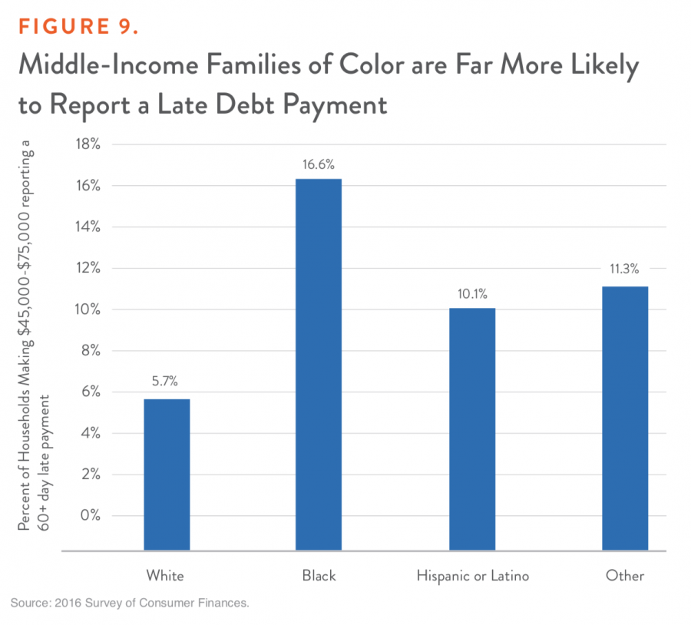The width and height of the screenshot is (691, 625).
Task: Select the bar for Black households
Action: [x=319, y=365]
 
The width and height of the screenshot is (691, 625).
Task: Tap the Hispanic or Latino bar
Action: [x=472, y=429]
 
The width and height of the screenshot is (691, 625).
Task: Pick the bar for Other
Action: [x=625, y=418]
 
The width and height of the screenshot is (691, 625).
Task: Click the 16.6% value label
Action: [x=319, y=164]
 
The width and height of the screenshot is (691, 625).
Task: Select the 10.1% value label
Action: [x=472, y=293]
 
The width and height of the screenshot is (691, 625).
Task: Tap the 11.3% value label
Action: [x=625, y=270]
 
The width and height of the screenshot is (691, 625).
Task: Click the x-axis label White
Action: [x=165, y=575]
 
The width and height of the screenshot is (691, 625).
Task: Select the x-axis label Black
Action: [x=319, y=575]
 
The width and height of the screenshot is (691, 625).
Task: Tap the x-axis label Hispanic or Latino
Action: [x=472, y=575]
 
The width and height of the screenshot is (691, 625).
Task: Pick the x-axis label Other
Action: [x=625, y=575]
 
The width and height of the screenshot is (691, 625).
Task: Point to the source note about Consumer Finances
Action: [x=131, y=604]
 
